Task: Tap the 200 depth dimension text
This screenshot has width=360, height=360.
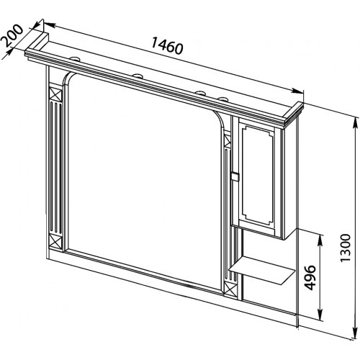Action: [x=12, y=36]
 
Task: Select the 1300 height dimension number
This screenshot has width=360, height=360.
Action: [x=346, y=248]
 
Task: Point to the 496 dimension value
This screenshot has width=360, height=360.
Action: [x=309, y=277]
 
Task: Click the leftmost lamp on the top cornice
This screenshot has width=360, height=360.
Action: [x=76, y=58]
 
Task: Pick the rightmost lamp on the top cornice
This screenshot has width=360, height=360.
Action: [x=223, y=99]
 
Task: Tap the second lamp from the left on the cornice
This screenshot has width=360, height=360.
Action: [x=138, y=76]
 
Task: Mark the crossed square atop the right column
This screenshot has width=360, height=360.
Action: [x=227, y=140]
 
